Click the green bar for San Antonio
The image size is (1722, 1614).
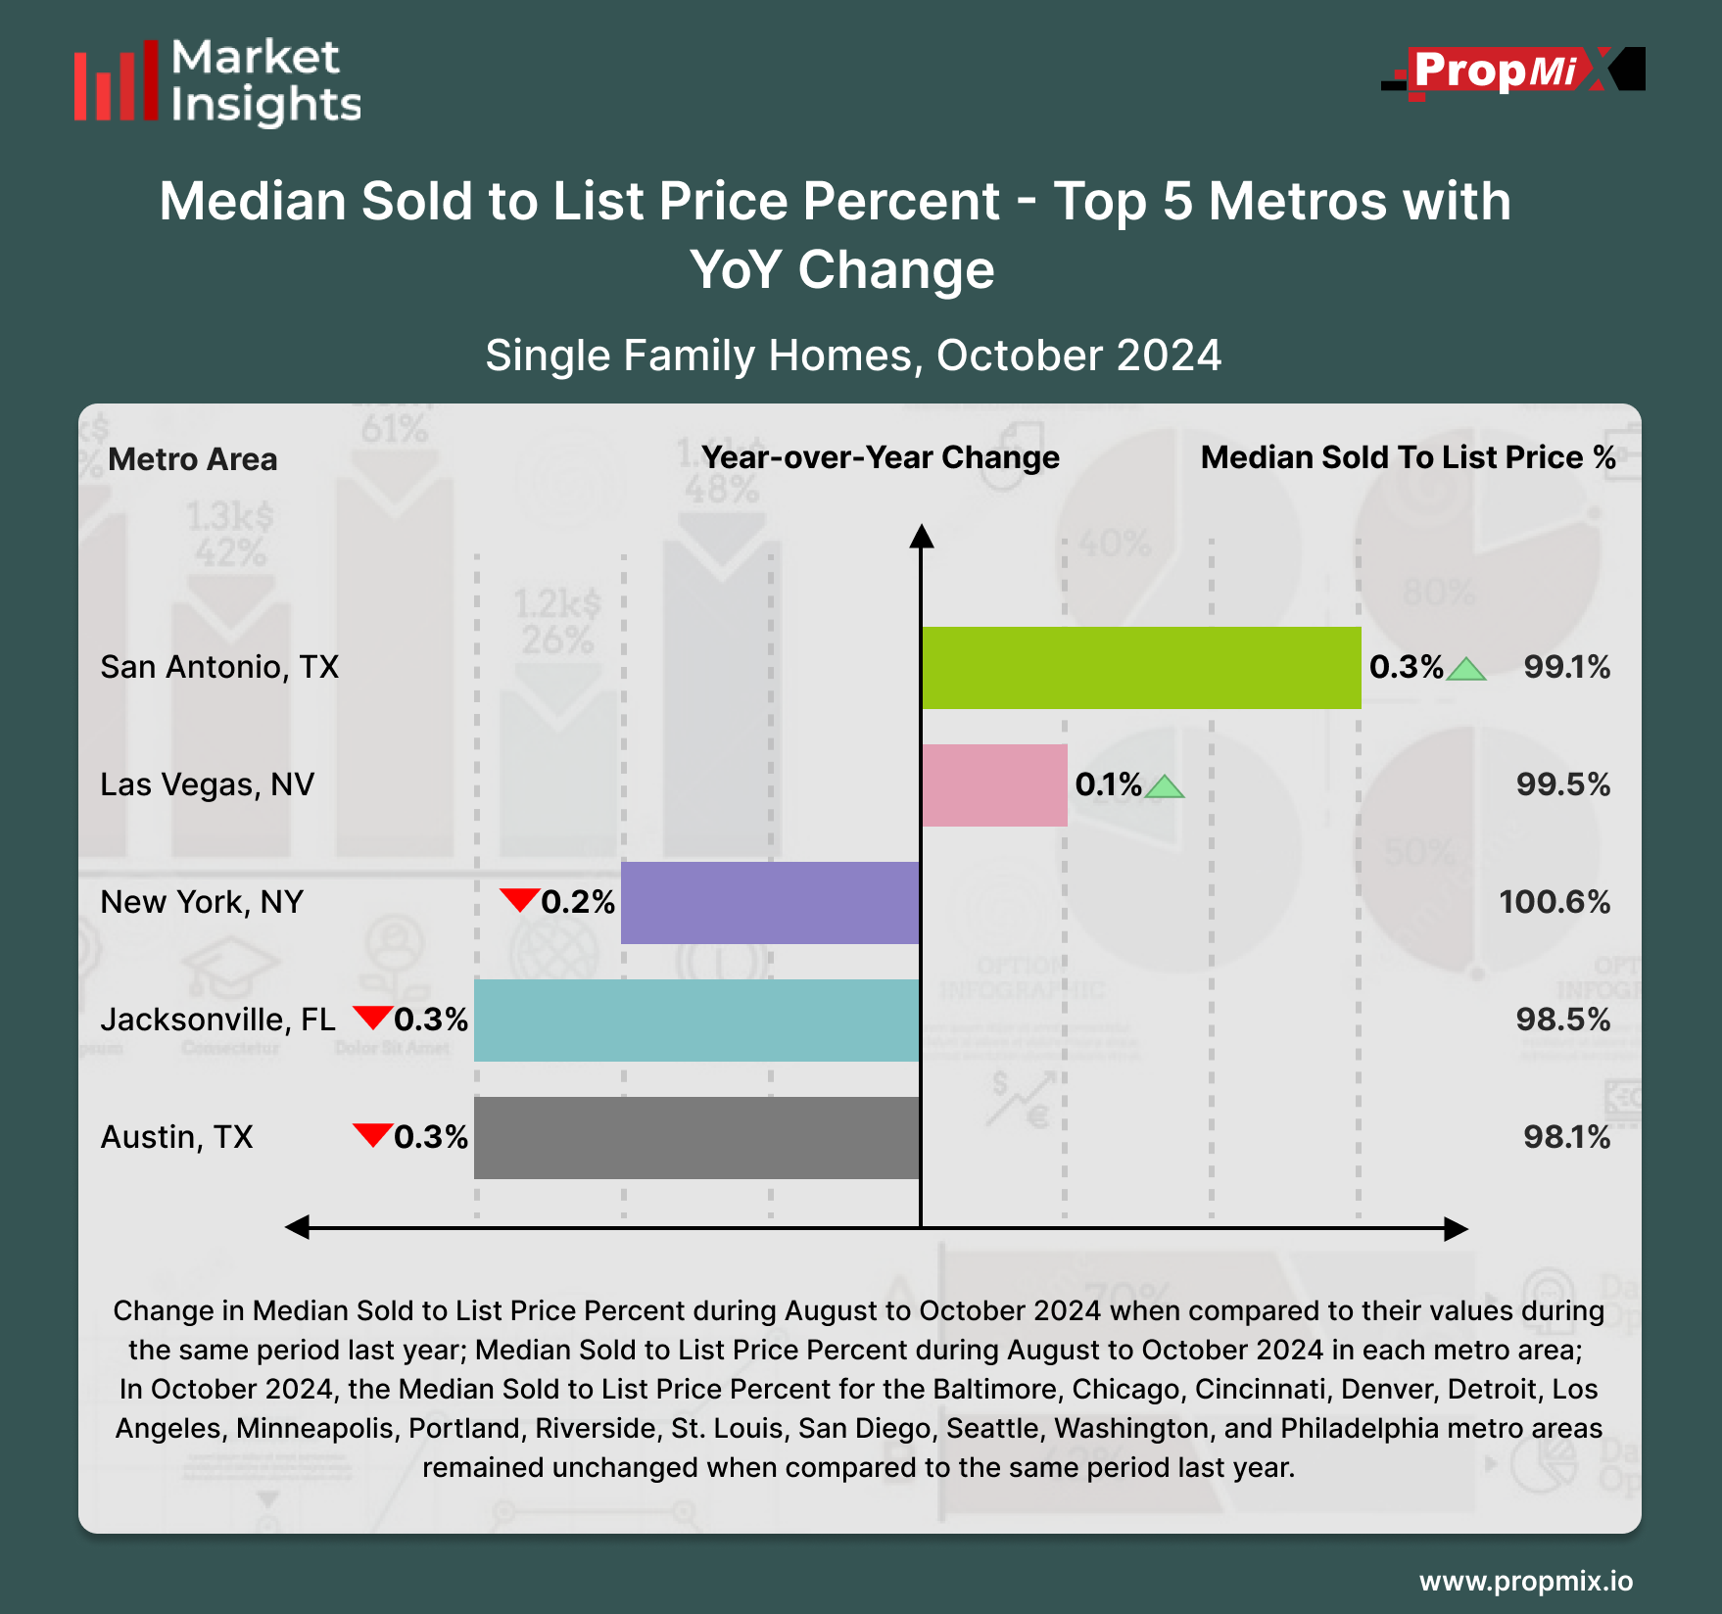click(x=1141, y=668)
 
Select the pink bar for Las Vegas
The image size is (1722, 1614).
click(x=994, y=785)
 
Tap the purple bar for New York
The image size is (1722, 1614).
click(x=770, y=903)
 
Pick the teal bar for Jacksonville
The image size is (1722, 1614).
click(x=696, y=1021)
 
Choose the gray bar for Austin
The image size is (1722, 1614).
click(x=696, y=1138)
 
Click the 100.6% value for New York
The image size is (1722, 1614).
click(x=1555, y=902)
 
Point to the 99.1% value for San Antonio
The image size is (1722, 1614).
click(x=1566, y=667)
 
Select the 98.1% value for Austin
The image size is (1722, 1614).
click(x=1566, y=1137)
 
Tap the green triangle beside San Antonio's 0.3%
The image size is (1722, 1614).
click(x=1466, y=670)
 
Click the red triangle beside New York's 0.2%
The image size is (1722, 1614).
click(x=519, y=898)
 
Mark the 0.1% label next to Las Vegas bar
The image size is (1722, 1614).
click(x=1108, y=784)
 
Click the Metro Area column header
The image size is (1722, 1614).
click(x=193, y=459)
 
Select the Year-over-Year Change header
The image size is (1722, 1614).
click(x=881, y=457)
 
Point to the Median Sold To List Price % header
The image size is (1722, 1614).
click(x=1408, y=457)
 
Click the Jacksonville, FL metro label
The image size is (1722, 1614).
click(x=217, y=1020)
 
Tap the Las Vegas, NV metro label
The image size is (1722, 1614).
click(x=207, y=784)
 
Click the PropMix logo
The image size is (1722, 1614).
click(x=1512, y=71)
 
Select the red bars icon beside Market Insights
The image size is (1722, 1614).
click(x=116, y=82)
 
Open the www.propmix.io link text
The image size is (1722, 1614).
click(x=1525, y=1581)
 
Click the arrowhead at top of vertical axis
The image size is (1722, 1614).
click(x=921, y=536)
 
